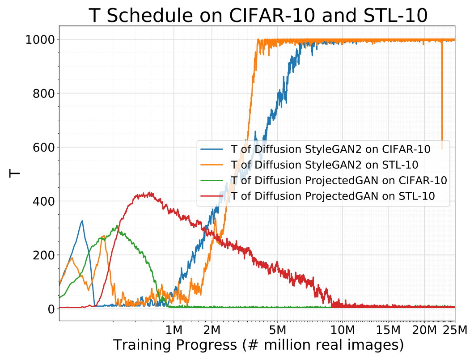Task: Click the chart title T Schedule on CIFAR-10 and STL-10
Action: point(258,15)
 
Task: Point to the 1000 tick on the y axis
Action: point(40,39)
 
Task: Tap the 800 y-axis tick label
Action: point(44,93)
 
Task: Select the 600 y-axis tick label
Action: point(44,148)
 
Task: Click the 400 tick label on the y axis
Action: point(44,201)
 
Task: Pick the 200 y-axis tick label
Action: point(44,255)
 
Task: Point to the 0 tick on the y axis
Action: point(51,309)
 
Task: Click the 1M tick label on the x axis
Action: point(174,330)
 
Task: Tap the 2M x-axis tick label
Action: point(212,330)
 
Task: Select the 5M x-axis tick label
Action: point(278,330)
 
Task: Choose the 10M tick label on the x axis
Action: point(343,330)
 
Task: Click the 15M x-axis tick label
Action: point(388,330)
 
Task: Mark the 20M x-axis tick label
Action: point(424,330)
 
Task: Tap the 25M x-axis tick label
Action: point(455,330)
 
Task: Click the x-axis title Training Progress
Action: point(258,345)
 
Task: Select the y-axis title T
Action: point(15,173)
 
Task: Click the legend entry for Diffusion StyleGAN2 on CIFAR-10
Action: point(315,149)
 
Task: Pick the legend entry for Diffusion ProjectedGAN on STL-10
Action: point(318,196)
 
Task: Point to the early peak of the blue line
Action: point(82,221)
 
